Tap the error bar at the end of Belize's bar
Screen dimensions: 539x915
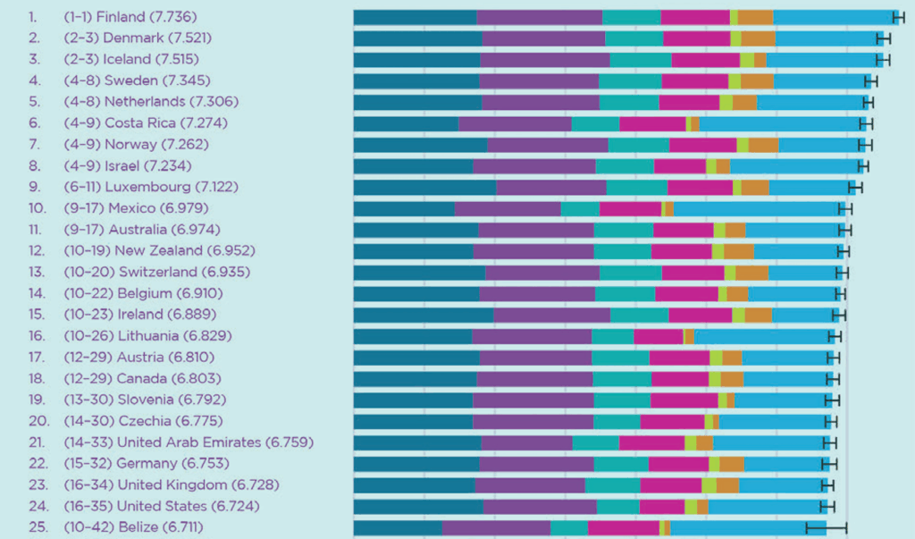pyautogui.click(x=827, y=527)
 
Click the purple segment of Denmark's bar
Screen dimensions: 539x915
pyautogui.click(x=543, y=38)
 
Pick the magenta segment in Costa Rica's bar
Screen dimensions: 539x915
pyautogui.click(x=652, y=122)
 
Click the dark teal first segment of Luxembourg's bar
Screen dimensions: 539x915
pyautogui.click(x=424, y=187)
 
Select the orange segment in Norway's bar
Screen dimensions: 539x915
pyautogui.click(x=763, y=144)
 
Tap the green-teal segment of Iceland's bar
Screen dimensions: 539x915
pyautogui.click(x=641, y=59)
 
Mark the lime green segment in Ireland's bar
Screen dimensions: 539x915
pyautogui.click(x=738, y=315)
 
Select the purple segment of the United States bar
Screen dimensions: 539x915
pyautogui.click(x=540, y=506)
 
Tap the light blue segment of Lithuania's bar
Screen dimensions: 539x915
pyautogui.click(x=764, y=336)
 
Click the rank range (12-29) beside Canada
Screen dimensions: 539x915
pyautogui.click(x=86, y=378)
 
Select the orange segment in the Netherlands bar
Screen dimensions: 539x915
pyautogui.click(x=744, y=102)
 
